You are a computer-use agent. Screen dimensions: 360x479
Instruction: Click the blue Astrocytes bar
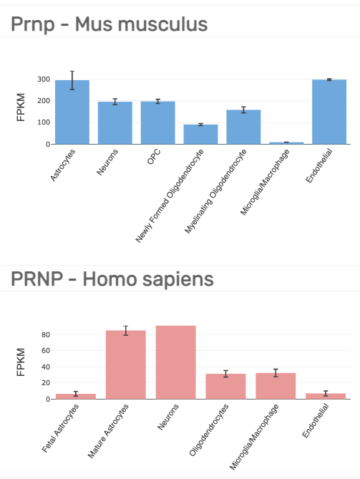click(72, 112)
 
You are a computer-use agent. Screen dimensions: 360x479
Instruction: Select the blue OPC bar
click(158, 123)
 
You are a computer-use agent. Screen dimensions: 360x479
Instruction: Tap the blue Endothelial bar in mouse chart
click(329, 112)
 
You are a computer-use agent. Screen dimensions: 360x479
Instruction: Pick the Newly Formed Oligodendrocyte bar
click(200, 135)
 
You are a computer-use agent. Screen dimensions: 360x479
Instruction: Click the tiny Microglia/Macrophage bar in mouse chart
click(286, 143)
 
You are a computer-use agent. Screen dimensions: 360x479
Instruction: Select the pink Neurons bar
click(176, 362)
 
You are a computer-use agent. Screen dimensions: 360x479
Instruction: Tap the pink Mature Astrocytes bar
click(126, 364)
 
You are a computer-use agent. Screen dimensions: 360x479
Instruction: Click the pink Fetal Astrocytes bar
click(76, 397)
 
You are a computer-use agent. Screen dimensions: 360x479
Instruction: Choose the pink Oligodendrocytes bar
click(225, 387)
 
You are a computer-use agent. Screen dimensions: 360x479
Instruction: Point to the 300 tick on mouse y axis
click(44, 79)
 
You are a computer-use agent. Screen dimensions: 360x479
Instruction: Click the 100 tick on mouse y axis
click(44, 122)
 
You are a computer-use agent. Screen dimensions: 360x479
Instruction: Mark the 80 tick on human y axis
click(46, 335)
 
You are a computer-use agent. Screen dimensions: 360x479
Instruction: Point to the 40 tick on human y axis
click(46, 367)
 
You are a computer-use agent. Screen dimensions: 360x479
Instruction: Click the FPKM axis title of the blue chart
click(21, 107)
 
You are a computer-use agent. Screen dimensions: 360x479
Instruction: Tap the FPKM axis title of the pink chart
click(21, 362)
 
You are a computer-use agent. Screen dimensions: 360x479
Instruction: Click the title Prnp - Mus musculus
click(110, 24)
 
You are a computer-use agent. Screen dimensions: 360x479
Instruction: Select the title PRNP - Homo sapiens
click(112, 279)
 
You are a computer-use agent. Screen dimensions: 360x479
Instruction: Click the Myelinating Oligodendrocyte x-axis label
click(215, 192)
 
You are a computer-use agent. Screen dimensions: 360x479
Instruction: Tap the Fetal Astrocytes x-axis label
click(60, 428)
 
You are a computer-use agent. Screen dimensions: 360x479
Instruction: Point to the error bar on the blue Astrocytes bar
click(72, 80)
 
